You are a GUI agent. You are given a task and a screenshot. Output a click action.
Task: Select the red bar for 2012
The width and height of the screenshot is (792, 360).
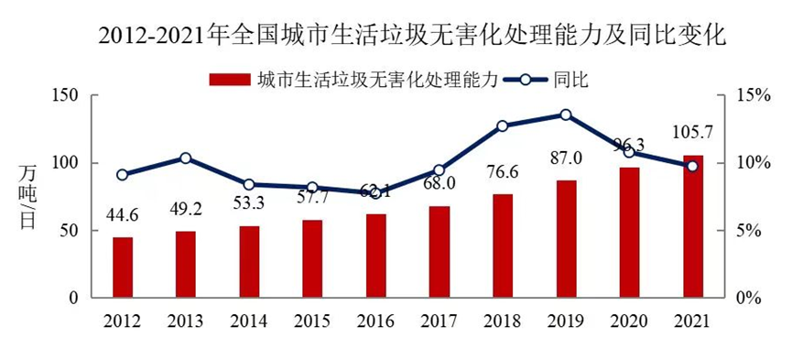coord(123,267)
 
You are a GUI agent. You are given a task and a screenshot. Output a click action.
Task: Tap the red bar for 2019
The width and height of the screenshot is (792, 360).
coord(566,239)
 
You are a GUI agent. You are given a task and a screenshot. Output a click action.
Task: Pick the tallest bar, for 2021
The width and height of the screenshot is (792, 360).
coord(693,226)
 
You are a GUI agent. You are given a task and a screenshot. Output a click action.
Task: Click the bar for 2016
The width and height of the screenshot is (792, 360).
coord(376,256)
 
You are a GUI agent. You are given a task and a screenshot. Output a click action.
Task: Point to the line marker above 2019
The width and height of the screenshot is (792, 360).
coord(566,115)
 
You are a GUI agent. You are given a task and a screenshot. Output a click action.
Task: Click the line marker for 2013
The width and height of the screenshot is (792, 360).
coord(186,158)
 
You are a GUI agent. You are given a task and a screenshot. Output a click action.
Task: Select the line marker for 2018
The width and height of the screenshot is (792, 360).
coord(503,125)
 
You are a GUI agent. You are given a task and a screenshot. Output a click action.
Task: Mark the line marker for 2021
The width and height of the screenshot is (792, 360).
coord(692,166)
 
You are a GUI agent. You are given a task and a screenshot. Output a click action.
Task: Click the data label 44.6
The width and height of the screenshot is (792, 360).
coord(123,217)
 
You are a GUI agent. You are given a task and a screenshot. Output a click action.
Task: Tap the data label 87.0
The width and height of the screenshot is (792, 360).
coord(566,158)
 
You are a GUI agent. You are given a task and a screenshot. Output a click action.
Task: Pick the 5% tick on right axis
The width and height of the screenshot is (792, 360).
coord(751,231)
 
